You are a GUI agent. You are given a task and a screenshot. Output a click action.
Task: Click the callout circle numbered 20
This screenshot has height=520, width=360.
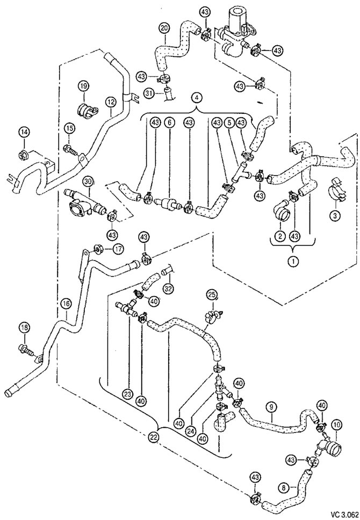163,28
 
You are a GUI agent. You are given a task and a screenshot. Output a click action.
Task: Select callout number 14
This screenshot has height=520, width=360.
24,132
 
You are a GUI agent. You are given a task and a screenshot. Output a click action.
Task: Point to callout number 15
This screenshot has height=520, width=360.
70,128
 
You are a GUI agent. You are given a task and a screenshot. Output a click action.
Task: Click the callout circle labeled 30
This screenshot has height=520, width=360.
88,182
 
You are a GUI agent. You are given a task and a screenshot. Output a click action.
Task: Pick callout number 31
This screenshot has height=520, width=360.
149,94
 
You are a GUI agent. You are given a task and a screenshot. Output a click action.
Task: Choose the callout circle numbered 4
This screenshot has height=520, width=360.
197,98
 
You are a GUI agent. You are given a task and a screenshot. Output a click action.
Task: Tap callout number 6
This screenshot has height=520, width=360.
169,122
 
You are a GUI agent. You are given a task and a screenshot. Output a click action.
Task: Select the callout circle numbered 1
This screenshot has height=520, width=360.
293,261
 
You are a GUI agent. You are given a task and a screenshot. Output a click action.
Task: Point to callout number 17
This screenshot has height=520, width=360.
118,248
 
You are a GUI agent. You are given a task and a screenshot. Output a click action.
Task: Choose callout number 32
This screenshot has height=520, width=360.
169,288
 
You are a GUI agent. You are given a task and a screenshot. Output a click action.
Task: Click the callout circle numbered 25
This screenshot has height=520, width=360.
211,294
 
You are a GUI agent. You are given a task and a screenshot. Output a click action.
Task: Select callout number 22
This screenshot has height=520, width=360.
153,438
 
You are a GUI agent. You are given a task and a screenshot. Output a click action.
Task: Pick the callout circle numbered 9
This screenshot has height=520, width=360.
271,406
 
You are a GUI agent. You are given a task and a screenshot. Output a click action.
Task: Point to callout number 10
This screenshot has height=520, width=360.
337,424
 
